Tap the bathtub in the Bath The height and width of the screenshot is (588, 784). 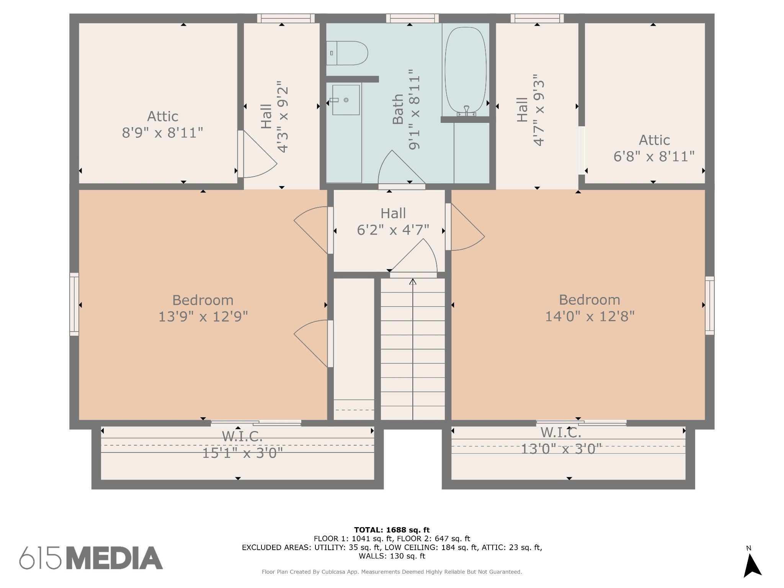[465, 71]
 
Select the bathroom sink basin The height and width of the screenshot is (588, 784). [346, 100]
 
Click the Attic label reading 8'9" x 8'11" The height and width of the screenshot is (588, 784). [163, 124]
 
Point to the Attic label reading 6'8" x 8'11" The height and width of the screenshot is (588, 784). [654, 148]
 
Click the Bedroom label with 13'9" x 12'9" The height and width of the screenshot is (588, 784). [203, 308]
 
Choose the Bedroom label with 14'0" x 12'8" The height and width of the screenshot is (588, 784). [590, 308]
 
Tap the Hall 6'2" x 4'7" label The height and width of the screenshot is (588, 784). [393, 221]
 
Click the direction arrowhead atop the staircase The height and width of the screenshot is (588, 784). [413, 282]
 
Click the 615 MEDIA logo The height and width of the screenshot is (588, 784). [91, 558]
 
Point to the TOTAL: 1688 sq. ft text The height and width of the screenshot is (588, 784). [392, 530]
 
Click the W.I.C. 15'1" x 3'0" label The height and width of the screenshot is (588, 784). [242, 444]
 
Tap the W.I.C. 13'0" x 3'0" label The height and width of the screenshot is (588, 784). [561, 440]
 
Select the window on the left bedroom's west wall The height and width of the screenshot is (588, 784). [74, 304]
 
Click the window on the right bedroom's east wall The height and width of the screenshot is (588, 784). [710, 305]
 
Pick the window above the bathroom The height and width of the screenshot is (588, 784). [412, 18]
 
